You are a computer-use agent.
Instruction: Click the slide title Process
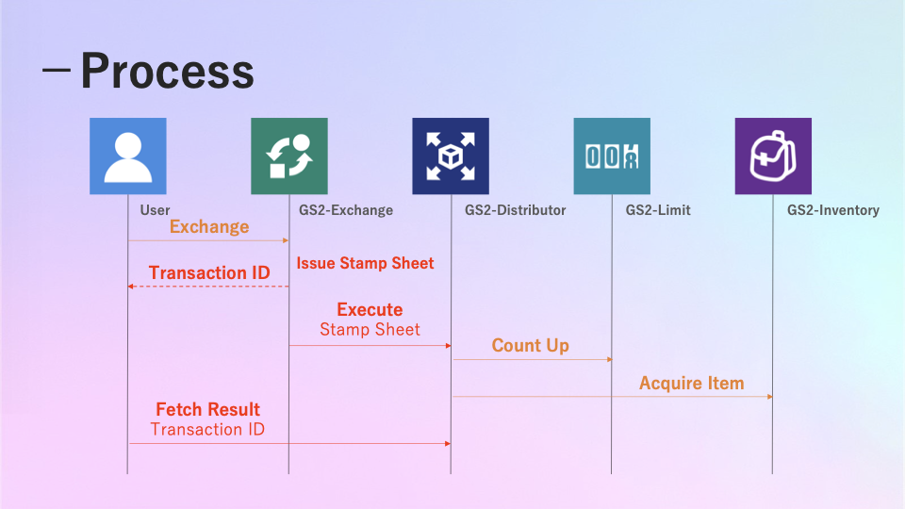pyautogui.click(x=167, y=72)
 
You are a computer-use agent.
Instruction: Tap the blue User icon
pyautogui.click(x=127, y=156)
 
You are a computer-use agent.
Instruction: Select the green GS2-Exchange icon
pyautogui.click(x=288, y=156)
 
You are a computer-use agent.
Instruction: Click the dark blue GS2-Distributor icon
pyautogui.click(x=450, y=156)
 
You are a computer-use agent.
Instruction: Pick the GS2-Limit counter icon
pyautogui.click(x=612, y=156)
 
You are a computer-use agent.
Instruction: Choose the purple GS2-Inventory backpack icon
pyautogui.click(x=773, y=156)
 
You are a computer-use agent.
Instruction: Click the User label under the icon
pyautogui.click(x=155, y=210)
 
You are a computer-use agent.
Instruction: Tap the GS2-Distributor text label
pyautogui.click(x=515, y=210)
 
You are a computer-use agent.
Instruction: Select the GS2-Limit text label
pyautogui.click(x=658, y=210)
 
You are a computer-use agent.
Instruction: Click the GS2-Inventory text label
pyautogui.click(x=832, y=210)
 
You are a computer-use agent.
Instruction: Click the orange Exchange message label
pyautogui.click(x=209, y=227)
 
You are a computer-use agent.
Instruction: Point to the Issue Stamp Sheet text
pyautogui.click(x=365, y=264)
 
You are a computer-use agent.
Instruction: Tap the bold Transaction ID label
pyautogui.click(x=209, y=273)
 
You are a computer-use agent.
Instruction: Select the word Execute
pyautogui.click(x=370, y=310)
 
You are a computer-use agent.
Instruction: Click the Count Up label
pyautogui.click(x=530, y=346)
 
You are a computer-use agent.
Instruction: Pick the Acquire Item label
pyautogui.click(x=691, y=384)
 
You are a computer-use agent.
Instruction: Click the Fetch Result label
pyautogui.click(x=207, y=410)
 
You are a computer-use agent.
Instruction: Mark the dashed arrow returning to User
pyautogui.click(x=208, y=286)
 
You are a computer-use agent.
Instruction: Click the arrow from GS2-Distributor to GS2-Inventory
pyautogui.click(x=613, y=397)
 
